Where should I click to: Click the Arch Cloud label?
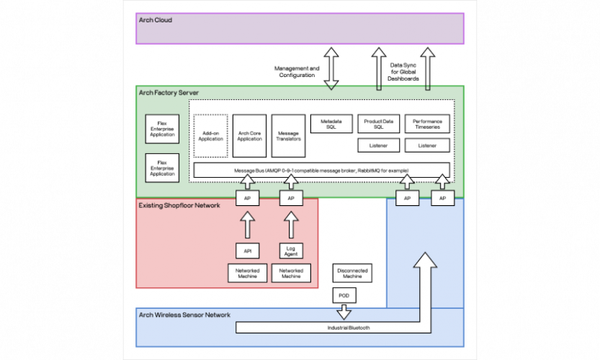click(155, 20)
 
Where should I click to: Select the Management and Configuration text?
click(297, 72)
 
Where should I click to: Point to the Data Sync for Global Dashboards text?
click(404, 71)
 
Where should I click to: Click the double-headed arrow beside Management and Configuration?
click(331, 68)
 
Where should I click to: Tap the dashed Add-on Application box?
click(211, 135)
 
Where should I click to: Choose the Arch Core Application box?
click(250, 135)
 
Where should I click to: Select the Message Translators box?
click(289, 135)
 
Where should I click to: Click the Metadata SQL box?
click(331, 124)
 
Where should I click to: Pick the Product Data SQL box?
click(379, 124)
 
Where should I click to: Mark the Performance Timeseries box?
click(427, 124)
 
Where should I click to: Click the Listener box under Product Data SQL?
click(379, 145)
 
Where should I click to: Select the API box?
click(247, 251)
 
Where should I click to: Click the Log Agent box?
click(291, 251)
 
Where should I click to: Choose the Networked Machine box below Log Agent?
click(291, 274)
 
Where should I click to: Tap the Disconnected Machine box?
click(352, 274)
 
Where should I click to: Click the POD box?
click(344, 295)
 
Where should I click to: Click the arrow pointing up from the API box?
click(247, 224)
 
